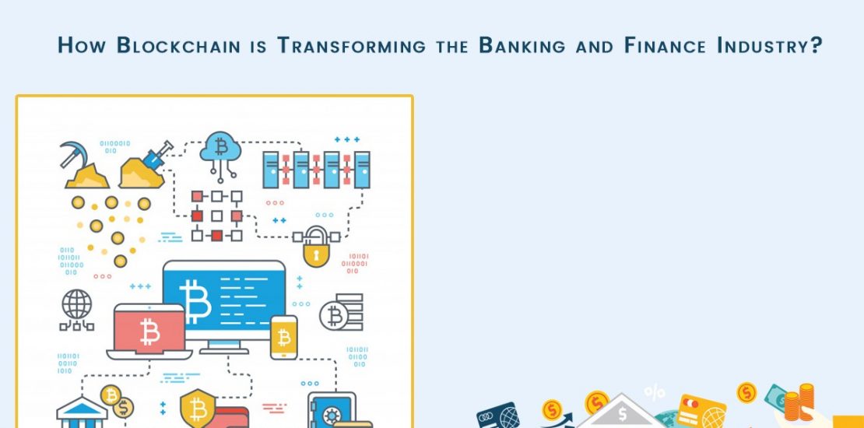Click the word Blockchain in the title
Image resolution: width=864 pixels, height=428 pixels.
click(x=178, y=45)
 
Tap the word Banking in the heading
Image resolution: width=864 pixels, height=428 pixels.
click(x=522, y=45)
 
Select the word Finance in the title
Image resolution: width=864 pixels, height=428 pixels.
click(x=665, y=45)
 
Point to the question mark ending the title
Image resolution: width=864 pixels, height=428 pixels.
click(x=816, y=45)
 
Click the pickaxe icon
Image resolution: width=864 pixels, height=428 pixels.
click(x=72, y=153)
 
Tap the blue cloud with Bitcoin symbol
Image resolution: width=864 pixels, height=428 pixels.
click(x=220, y=148)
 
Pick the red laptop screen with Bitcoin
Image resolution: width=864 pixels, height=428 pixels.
click(x=149, y=332)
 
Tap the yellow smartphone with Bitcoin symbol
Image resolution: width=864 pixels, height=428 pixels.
click(x=284, y=337)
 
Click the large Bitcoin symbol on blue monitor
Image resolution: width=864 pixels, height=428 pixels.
click(x=195, y=301)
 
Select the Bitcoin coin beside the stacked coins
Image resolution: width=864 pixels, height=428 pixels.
click(x=333, y=316)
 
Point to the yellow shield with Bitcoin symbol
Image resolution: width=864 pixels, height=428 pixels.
click(x=198, y=409)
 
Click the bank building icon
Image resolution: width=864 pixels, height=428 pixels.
click(x=82, y=412)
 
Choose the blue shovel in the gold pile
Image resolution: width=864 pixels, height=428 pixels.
click(x=158, y=155)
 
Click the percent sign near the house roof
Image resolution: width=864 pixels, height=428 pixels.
click(x=655, y=393)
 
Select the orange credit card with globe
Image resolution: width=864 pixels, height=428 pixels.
click(x=701, y=410)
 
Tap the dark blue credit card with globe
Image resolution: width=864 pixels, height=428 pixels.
click(x=498, y=416)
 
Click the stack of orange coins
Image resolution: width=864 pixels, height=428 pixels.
click(x=799, y=402)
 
